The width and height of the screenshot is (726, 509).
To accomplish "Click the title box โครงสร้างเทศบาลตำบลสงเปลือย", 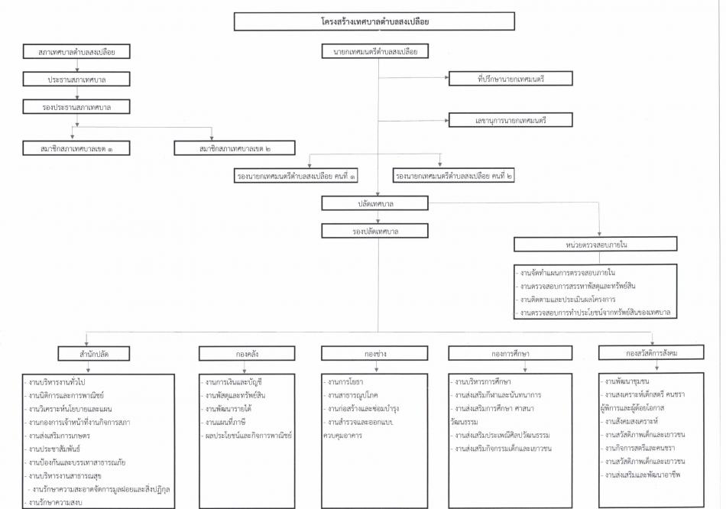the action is pos(374,21).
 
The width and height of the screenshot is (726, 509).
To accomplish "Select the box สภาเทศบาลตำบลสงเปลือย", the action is pos(76,51).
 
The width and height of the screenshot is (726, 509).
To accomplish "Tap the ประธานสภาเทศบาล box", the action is pos(76,79).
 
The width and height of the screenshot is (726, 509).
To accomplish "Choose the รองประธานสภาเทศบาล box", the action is pos(76,106).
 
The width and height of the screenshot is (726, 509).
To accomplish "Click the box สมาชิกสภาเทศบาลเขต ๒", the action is pos(235,148).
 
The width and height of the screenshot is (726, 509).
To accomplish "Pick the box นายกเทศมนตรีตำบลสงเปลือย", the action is pos(375,51).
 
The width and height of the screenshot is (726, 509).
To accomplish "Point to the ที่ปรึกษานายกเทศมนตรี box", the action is pos(510,79).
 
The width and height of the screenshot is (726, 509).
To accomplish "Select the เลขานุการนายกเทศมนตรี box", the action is pos(510,120).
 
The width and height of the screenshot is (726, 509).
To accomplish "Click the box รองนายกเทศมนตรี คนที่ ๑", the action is pos(296,176).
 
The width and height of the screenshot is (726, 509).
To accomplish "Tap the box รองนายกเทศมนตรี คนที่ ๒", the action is pos(453,176).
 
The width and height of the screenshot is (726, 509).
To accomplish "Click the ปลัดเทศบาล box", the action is pos(375,203).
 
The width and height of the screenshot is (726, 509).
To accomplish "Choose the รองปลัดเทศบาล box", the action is pos(375,231).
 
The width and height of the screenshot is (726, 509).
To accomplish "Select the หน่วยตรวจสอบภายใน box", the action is pos(595,244).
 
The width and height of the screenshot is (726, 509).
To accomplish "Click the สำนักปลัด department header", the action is pos(93,353).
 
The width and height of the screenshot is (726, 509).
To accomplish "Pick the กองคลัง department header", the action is pos(247,353).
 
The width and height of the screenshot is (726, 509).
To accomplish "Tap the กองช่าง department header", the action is pos(374,353).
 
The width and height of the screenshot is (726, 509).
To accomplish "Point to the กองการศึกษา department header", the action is pos(510,353).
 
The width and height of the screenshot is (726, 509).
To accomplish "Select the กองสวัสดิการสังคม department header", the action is pos(651,352).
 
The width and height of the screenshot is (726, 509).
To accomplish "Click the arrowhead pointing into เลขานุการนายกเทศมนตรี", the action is pos(447,121).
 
